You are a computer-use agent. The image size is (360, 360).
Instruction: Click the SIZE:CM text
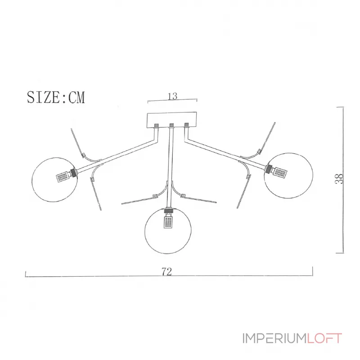coord(56,97)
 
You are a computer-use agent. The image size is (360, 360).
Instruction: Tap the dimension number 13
coord(172,96)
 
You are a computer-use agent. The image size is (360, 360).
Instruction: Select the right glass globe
coord(288,173)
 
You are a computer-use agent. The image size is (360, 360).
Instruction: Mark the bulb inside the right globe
coord(279,171)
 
